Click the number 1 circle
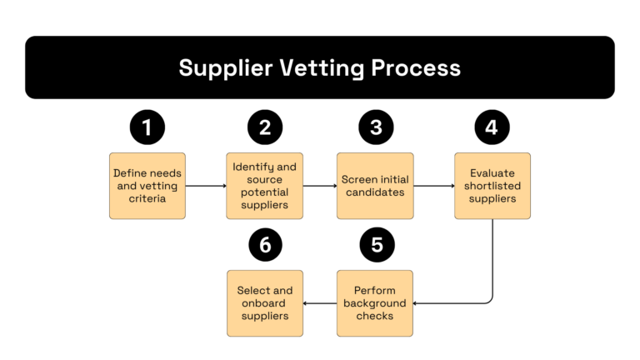click(x=147, y=127)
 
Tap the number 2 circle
click(x=265, y=127)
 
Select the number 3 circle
click(x=376, y=127)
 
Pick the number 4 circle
click(x=492, y=127)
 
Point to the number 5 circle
click(x=376, y=245)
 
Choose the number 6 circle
click(x=265, y=245)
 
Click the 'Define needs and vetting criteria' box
click(x=147, y=186)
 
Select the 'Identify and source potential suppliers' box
click(x=265, y=186)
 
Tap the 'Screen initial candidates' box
click(x=374, y=186)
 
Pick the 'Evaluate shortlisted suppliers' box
click(x=492, y=186)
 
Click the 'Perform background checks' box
click(x=374, y=303)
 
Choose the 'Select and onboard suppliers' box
click(x=265, y=303)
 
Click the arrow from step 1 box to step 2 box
click(x=206, y=187)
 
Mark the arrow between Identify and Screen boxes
click(x=319, y=187)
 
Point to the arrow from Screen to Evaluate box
click(x=433, y=187)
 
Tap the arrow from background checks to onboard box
click(x=319, y=303)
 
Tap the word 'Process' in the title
click(x=418, y=67)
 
